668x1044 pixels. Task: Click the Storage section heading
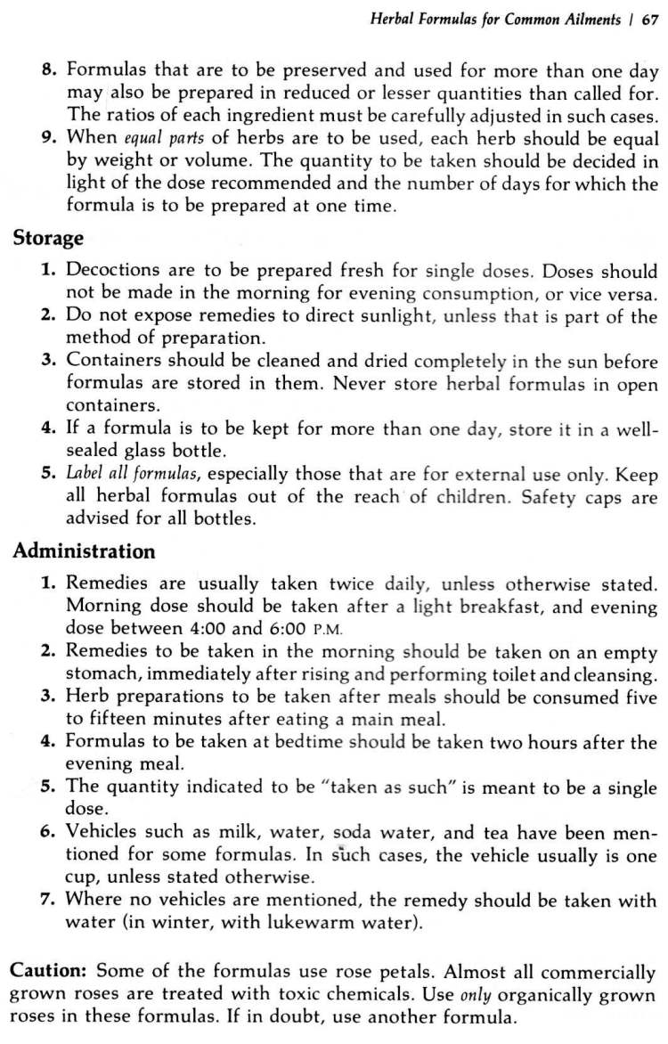pos(48,239)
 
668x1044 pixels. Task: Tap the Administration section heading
pos(84,551)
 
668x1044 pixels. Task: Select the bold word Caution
pos(46,970)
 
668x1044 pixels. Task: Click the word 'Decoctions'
pos(112,271)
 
